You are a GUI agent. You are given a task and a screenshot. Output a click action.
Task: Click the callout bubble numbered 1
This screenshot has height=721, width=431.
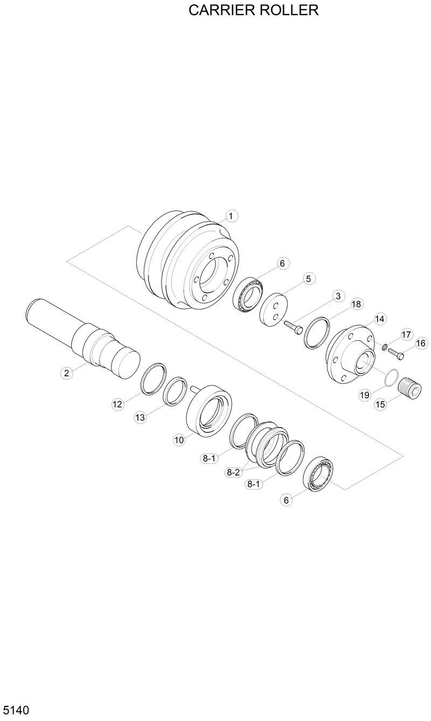(231, 216)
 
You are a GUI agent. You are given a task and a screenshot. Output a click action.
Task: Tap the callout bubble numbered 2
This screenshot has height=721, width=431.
(66, 373)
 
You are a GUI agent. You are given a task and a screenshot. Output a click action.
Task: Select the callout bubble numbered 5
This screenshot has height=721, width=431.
(308, 279)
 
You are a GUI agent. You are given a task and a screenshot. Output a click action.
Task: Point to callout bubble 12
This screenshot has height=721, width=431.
(118, 404)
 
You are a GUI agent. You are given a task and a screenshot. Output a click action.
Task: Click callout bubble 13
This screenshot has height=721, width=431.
(141, 417)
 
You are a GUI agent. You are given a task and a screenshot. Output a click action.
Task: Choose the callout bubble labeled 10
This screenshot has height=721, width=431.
(179, 440)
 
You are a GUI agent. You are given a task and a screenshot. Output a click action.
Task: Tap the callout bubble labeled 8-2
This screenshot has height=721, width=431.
(233, 472)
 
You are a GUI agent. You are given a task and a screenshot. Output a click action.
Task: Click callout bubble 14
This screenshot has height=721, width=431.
(379, 319)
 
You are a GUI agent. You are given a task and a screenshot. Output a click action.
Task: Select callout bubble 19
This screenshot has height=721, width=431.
(364, 395)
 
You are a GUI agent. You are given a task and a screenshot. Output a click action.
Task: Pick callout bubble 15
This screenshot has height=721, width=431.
(380, 404)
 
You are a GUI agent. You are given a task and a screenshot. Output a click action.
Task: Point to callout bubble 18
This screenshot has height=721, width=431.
(356, 304)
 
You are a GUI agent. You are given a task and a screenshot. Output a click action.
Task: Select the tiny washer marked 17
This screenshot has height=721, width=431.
(384, 347)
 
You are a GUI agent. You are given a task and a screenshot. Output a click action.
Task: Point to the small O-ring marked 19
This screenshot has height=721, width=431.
(391, 377)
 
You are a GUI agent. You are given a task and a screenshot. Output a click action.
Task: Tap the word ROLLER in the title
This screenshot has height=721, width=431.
(290, 10)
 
